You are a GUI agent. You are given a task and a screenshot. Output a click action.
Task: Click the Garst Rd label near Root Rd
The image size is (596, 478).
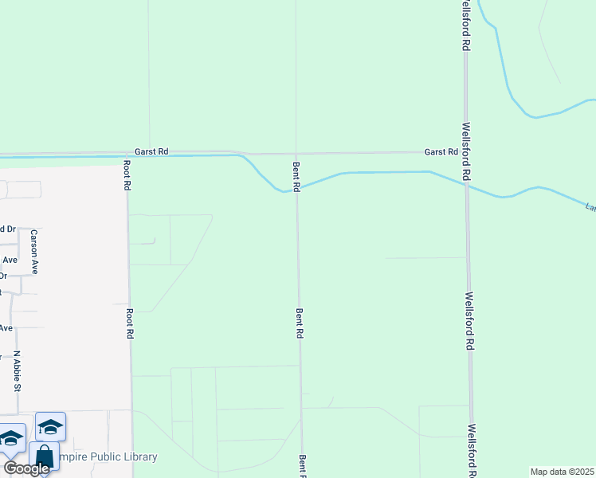coord(151,151)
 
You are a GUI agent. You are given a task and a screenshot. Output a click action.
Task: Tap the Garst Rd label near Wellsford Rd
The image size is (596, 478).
coord(441,151)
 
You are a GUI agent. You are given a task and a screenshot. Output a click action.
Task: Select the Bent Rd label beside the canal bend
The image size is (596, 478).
coord(296,176)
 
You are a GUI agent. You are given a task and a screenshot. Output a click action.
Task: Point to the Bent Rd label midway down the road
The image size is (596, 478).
coord(300,324)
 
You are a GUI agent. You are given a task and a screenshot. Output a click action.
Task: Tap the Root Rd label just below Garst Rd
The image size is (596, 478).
coord(127,175)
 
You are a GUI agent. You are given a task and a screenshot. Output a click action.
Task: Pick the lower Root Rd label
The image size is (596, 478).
coord(128,325)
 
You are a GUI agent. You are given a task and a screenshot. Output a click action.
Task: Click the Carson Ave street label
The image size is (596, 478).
coord(34,252)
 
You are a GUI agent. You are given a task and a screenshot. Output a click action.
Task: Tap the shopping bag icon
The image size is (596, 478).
coord(45,457)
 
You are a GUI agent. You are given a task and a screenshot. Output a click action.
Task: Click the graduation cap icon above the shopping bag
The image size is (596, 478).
coord(51,427)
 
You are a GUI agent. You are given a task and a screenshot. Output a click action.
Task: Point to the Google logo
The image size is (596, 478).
coord(26,468)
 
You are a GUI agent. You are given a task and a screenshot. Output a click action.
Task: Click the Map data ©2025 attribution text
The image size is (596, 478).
coord(563,472)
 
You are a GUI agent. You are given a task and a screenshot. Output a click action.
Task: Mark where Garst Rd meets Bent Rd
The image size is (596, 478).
coord(296,153)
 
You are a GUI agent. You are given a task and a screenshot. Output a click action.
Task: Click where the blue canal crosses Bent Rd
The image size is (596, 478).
coord(297,189)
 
